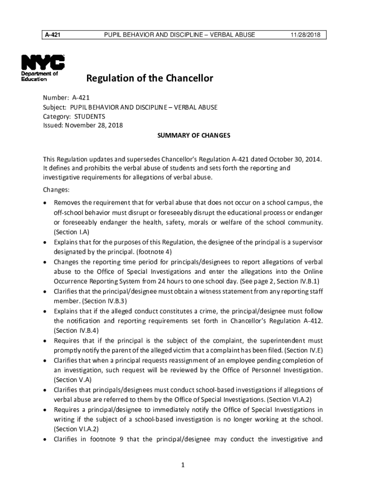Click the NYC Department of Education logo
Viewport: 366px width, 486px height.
point(43,68)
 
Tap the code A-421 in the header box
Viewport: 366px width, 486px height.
point(52,35)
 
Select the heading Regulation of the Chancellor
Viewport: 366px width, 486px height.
point(149,78)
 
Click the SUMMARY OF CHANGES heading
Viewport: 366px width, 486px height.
point(193,135)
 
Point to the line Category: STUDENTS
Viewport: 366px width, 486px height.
point(74,116)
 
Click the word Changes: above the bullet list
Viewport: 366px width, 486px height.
point(56,190)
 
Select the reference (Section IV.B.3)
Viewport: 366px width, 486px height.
point(105,301)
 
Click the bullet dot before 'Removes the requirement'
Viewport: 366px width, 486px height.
point(45,203)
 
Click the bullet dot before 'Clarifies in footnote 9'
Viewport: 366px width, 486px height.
point(45,439)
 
